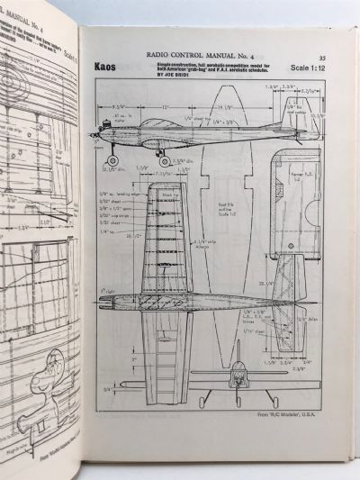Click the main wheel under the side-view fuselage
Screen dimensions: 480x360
(164, 160)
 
